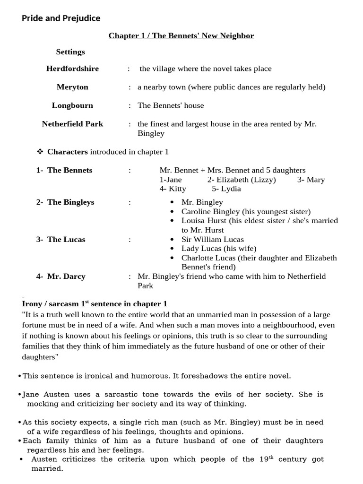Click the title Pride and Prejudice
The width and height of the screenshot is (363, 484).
coord(61,18)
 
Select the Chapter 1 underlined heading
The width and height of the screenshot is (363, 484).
coord(181,36)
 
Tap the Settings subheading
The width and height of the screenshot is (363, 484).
coord(70,52)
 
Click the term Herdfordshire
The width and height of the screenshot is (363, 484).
coord(72,69)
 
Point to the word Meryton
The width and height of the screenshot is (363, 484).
coord(72,87)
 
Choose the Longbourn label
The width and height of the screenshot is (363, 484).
coord(72,105)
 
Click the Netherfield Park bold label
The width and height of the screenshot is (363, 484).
coord(72,124)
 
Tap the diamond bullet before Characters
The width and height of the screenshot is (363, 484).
coord(40,152)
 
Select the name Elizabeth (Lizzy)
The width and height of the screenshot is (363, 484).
coord(242,180)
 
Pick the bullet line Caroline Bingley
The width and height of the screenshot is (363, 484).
coord(246,212)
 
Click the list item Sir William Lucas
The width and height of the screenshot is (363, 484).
coord(213,240)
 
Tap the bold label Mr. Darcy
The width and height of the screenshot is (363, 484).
coord(66,277)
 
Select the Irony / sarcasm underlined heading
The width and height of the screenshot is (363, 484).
coord(95,304)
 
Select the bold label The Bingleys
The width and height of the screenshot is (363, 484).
coord(70,202)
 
